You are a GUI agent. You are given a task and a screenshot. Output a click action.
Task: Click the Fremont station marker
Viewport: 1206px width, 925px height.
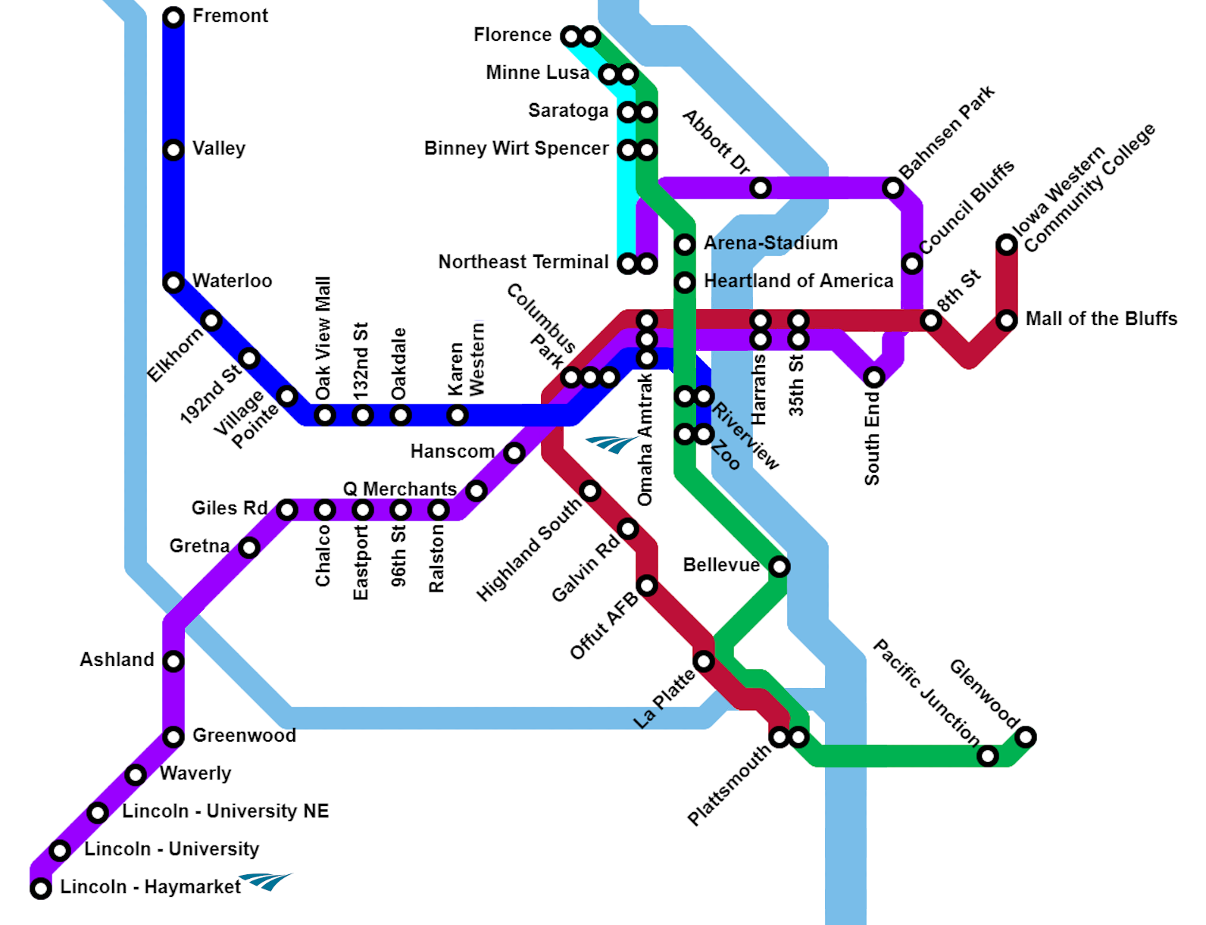click(173, 17)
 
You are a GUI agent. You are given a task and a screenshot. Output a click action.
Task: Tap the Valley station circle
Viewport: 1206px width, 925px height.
click(173, 150)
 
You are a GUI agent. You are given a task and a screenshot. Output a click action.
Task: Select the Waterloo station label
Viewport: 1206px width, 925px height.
click(232, 281)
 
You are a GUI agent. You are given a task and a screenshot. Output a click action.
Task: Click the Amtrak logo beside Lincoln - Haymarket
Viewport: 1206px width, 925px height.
click(267, 881)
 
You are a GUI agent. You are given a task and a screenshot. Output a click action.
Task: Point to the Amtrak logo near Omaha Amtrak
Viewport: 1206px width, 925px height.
click(611, 443)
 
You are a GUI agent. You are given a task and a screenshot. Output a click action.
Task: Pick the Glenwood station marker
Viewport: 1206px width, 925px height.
click(1025, 736)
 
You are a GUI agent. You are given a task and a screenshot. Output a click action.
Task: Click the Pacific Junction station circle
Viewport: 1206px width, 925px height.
click(987, 755)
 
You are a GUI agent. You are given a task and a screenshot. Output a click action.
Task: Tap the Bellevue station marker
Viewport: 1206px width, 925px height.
click(779, 566)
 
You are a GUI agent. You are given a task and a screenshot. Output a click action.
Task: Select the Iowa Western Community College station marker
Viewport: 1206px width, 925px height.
click(1006, 244)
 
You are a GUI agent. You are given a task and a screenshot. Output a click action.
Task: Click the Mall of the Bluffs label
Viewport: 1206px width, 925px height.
click(1101, 319)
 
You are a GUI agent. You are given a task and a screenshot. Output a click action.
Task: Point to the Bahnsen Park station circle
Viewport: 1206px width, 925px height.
click(893, 187)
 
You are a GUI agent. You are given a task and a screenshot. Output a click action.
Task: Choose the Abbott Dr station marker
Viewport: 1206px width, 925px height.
click(761, 187)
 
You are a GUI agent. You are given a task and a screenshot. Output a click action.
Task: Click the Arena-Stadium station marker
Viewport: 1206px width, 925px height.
click(685, 244)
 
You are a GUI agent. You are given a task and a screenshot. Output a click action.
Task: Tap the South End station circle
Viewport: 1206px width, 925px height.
click(873, 377)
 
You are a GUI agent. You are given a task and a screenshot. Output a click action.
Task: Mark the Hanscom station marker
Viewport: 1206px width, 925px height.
click(514, 453)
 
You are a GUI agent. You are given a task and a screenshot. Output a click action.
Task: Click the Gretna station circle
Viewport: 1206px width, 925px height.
click(249, 547)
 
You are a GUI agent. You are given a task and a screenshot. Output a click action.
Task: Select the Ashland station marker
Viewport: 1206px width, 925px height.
click(173, 661)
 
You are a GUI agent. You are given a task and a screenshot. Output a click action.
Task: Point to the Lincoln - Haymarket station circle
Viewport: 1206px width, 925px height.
click(41, 888)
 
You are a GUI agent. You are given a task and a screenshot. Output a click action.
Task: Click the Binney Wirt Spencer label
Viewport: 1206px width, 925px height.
click(516, 148)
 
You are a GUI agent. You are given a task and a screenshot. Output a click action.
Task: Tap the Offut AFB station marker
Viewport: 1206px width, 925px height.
click(646, 585)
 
